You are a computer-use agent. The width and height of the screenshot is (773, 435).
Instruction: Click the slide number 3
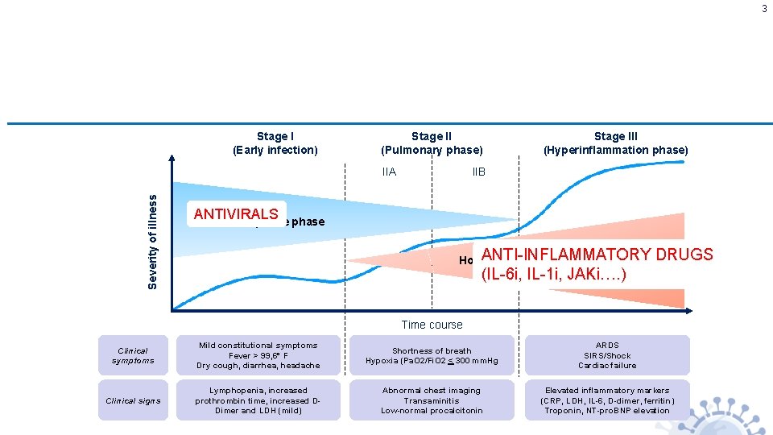pyautogui.click(x=764, y=9)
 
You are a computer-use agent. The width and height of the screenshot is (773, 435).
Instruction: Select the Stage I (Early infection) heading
pyautogui.click(x=275, y=143)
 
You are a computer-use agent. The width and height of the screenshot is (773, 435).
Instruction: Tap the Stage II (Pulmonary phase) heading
pyautogui.click(x=432, y=143)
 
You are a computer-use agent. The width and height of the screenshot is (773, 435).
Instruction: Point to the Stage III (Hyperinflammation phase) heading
pyautogui.click(x=615, y=143)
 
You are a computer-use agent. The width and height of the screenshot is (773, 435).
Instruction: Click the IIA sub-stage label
pyautogui.click(x=389, y=172)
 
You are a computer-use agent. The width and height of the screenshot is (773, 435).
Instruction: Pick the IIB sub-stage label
pyautogui.click(x=478, y=172)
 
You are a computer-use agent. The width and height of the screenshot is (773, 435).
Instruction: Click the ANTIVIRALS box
pyautogui.click(x=236, y=214)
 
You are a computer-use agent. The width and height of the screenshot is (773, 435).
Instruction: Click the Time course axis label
pyautogui.click(x=432, y=325)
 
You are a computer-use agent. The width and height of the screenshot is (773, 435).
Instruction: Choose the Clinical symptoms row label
pyautogui.click(x=133, y=355)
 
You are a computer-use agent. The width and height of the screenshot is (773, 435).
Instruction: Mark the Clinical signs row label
pyautogui.click(x=133, y=400)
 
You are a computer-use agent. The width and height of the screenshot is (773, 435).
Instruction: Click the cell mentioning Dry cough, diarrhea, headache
pyautogui.click(x=258, y=355)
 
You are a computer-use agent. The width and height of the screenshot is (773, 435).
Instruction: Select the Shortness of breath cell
pyautogui.click(x=432, y=355)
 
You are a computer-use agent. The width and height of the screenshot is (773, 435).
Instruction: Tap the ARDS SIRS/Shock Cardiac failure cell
pyautogui.click(x=607, y=355)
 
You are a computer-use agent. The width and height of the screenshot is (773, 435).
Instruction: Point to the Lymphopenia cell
pyautogui.click(x=258, y=400)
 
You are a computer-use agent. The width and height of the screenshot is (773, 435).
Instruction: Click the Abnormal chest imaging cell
pyautogui.click(x=432, y=400)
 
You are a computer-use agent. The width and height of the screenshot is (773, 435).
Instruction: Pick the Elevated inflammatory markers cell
pyautogui.click(x=607, y=400)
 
